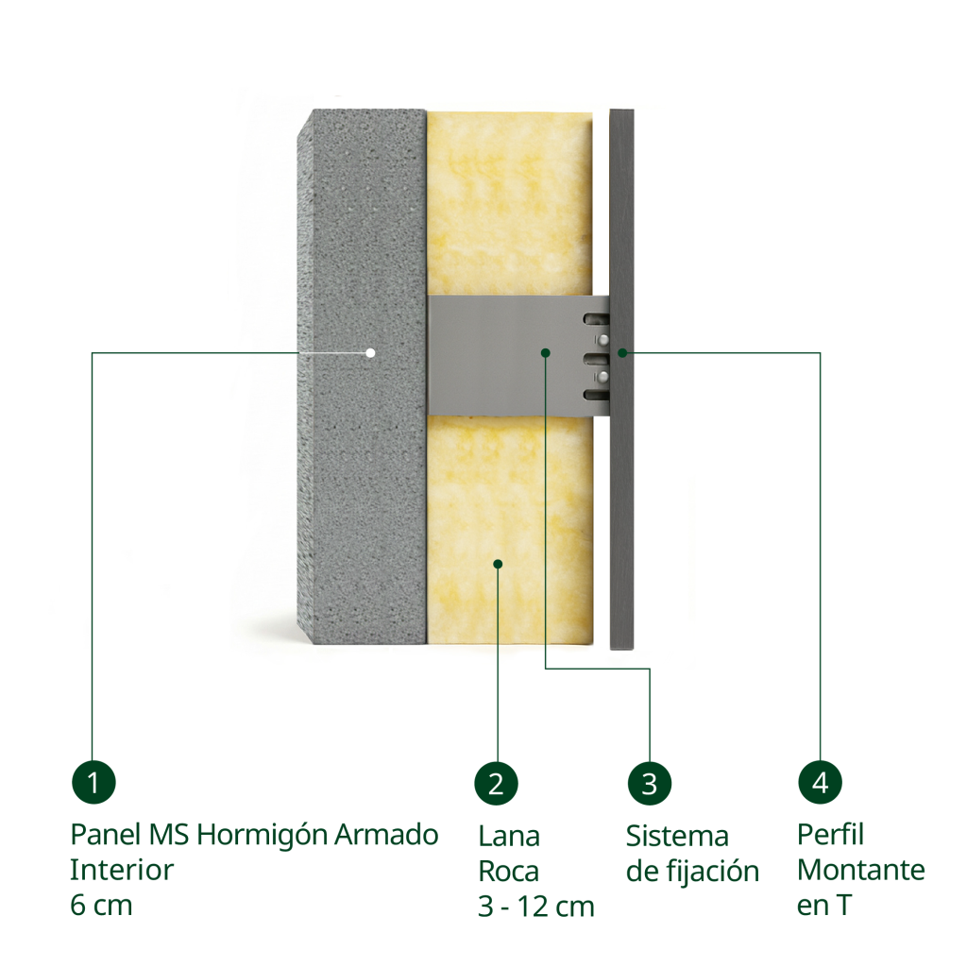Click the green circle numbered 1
point(93,783)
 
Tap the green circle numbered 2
point(497,783)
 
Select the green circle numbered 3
point(650,783)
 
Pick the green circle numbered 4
point(821,782)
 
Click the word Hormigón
point(263,837)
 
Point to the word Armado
point(386,835)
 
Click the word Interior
point(122,870)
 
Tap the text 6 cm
point(101,906)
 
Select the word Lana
point(509,837)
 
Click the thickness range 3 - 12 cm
point(536,907)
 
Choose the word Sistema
point(677,837)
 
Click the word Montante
point(861,870)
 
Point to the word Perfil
point(830,835)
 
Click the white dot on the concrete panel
point(370,353)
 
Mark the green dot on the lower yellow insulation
point(499,564)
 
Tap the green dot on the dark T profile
point(623,353)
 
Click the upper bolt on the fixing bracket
point(602,339)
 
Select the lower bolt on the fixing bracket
point(602,376)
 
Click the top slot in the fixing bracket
point(597,319)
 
